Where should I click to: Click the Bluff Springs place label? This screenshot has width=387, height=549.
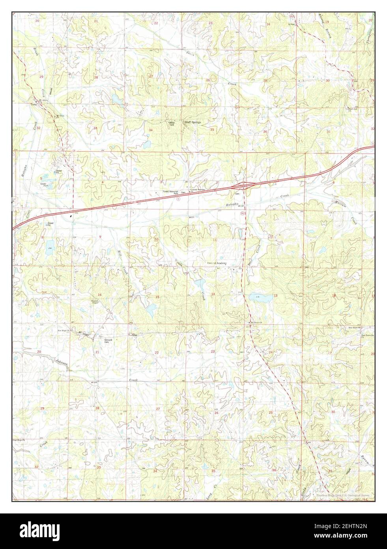click(193, 122)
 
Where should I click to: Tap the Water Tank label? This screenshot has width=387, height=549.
click(171, 124)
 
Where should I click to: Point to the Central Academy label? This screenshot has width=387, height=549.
click(217, 263)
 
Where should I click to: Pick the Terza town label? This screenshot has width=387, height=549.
click(34, 105)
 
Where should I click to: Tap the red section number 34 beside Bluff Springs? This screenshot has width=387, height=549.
click(151, 130)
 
